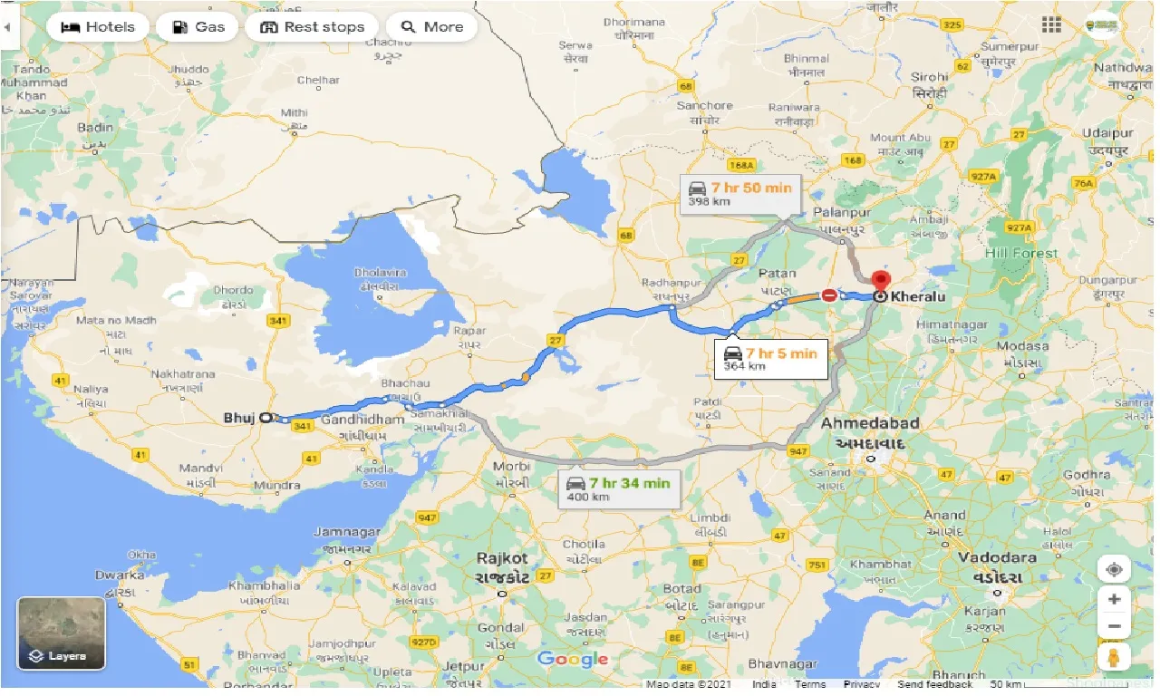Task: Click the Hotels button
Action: pyautogui.click(x=97, y=27)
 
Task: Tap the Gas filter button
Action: pyautogui.click(x=198, y=27)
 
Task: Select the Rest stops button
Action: pyautogui.click(x=313, y=27)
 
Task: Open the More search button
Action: pyautogui.click(x=431, y=27)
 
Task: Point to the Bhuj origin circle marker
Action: pyautogui.click(x=266, y=418)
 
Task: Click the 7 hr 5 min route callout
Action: pyautogui.click(x=771, y=359)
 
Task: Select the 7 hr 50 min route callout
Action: pyautogui.click(x=739, y=193)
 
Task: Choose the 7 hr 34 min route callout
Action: pyautogui.click(x=619, y=488)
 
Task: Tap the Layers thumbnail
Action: pyautogui.click(x=62, y=633)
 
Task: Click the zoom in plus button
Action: pyautogui.click(x=1114, y=599)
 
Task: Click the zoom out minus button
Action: pyautogui.click(x=1114, y=626)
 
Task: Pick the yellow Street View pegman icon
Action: pyautogui.click(x=1114, y=656)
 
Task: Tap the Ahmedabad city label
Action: pyautogui.click(x=869, y=423)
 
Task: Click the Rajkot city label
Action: pyautogui.click(x=502, y=558)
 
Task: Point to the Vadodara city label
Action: pyautogui.click(x=997, y=556)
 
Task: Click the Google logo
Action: pyautogui.click(x=573, y=659)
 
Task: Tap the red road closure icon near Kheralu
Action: pyautogui.click(x=828, y=295)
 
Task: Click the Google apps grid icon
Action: pyautogui.click(x=1051, y=25)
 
